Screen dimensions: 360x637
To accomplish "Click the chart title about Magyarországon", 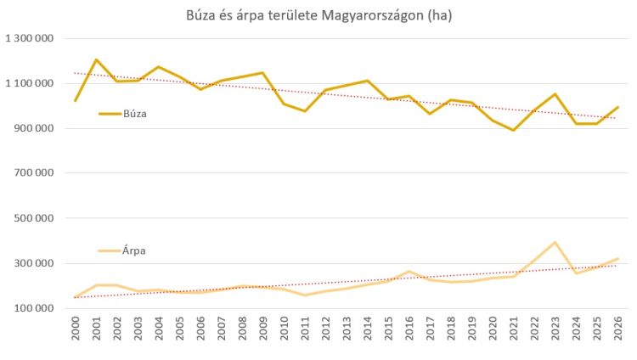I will (318, 16).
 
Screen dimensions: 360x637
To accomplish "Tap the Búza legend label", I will (135, 113).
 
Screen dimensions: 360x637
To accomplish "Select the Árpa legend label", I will (135, 250).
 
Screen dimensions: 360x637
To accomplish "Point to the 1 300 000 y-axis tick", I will (30, 38).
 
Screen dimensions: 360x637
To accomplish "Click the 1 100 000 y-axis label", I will (30, 83).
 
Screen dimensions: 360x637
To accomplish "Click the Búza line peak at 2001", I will (96, 59).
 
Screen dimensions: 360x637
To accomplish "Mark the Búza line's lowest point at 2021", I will (513, 130).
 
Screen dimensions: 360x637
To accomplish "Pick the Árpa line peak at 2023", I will (555, 242).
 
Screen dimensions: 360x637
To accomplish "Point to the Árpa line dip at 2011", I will (305, 295).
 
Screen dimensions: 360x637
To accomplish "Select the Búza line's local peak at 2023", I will (555, 94).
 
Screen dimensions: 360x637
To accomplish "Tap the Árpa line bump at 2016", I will (409, 272).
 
